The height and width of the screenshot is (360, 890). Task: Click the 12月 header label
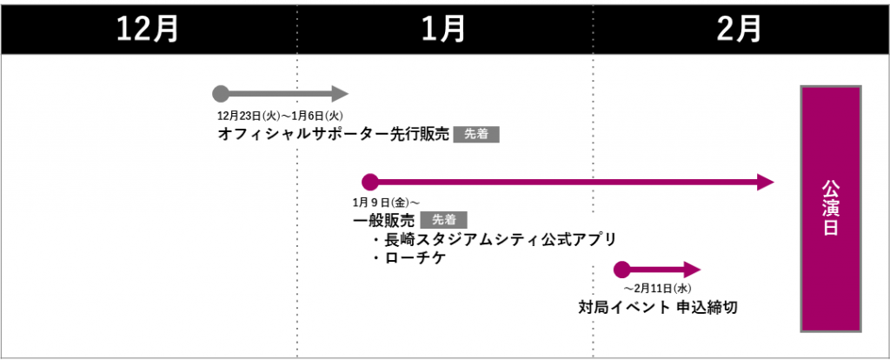coord(148,28)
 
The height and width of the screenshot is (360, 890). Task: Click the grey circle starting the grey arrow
coord(221,93)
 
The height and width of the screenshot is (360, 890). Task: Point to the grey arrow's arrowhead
coord(340,93)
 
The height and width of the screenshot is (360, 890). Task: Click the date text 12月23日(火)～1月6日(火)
coord(282,115)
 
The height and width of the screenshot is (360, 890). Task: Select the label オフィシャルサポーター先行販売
coord(334,135)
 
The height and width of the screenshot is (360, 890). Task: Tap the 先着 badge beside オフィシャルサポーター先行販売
coord(476,135)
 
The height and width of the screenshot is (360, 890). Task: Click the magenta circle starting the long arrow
coord(369,182)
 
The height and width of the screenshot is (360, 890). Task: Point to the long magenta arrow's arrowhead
coord(766,182)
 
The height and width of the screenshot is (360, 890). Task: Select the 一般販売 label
coord(383,221)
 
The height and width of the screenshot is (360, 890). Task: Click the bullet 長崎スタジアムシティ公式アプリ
coord(493,240)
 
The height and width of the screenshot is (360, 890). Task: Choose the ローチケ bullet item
coord(408,258)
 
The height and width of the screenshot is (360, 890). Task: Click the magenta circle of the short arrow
coord(621,269)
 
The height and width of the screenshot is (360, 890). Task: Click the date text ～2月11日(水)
coord(657,288)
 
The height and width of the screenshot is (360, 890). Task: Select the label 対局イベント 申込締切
coord(658,307)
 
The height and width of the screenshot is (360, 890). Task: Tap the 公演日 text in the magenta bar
coord(831,209)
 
